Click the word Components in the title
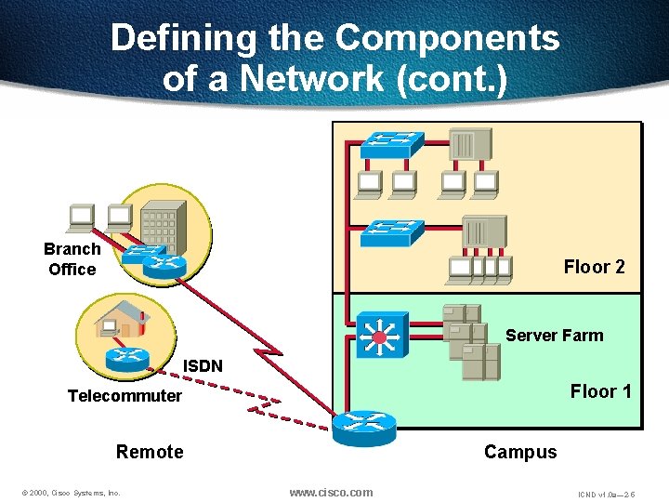tap(447, 38)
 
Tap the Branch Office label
tap(72, 259)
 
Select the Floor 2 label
tap(594, 267)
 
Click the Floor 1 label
tap(600, 391)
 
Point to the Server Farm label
tap(554, 336)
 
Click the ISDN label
tap(203, 365)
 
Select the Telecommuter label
tap(125, 396)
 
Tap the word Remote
tap(150, 453)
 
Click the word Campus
tap(520, 453)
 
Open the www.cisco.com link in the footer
tap(331, 492)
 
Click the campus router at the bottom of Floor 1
tap(363, 423)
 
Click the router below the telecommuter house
tap(128, 357)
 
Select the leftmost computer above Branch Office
tap(81, 218)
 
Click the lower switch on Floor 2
tap(392, 231)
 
